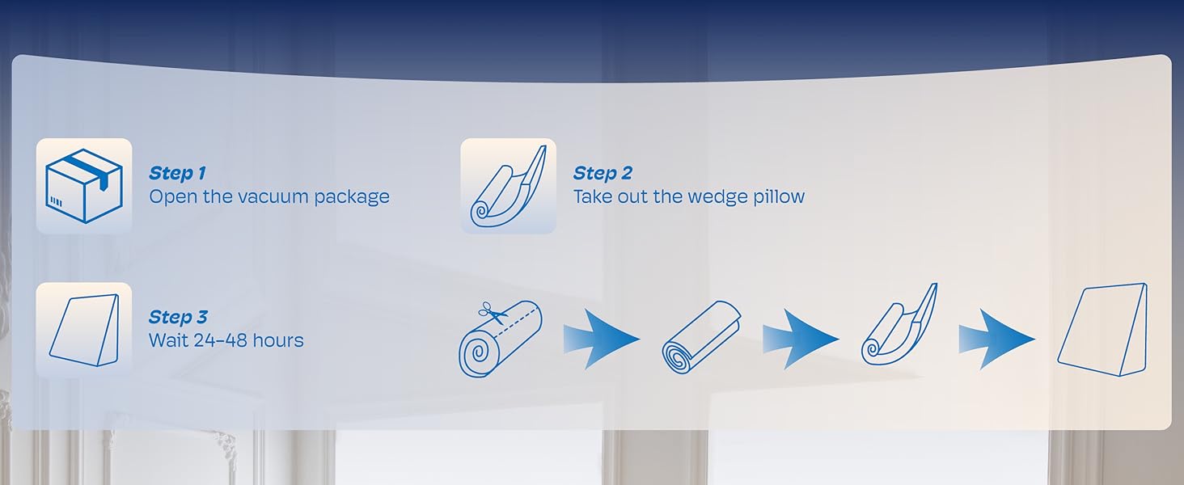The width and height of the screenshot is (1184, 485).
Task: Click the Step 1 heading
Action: point(177,173)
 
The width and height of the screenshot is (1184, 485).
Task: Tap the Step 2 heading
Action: point(603,173)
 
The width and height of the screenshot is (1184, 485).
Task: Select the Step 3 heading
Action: point(177,317)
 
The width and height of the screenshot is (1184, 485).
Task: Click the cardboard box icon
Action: point(84,186)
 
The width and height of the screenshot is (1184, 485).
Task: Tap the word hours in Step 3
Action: point(277,340)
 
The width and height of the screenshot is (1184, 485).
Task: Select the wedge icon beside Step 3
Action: point(84,330)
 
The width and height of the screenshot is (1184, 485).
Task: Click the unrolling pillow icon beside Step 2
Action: point(508,186)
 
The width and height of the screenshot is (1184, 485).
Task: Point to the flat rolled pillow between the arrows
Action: point(700,338)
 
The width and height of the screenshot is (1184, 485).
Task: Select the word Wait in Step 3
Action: point(168,340)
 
